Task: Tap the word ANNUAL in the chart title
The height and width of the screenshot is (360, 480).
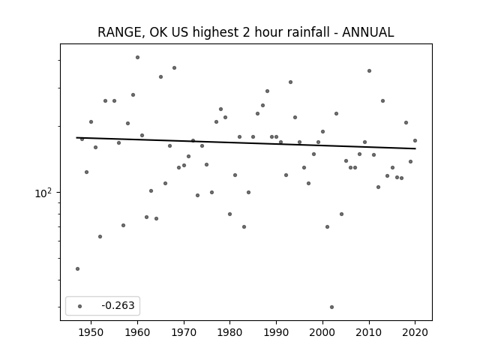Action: click(368, 32)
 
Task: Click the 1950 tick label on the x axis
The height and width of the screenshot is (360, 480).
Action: click(91, 332)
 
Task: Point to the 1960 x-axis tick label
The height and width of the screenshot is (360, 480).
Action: click(137, 332)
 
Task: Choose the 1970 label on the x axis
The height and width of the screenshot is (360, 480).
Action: click(184, 332)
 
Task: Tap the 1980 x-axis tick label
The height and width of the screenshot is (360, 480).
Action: click(230, 332)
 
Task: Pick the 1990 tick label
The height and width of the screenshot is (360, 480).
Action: click(277, 332)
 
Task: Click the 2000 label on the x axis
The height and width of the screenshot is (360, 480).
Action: click(322, 332)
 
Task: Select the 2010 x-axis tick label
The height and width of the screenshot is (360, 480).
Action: click(369, 332)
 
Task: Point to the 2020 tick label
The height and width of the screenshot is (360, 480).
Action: click(415, 332)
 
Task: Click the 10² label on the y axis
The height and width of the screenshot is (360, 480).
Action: click(43, 193)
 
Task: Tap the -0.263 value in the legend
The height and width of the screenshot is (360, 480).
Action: click(118, 305)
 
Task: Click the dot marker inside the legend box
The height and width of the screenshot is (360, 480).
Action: click(80, 306)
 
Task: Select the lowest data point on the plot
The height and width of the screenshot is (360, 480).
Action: click(331, 307)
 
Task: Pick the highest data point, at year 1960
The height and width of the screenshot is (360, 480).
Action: click(137, 57)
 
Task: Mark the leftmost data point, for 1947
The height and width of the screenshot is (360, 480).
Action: click(77, 268)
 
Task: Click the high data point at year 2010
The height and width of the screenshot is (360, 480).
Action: click(369, 70)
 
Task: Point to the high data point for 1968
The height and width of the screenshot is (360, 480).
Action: click(174, 67)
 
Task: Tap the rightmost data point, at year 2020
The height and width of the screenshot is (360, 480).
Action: click(415, 140)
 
